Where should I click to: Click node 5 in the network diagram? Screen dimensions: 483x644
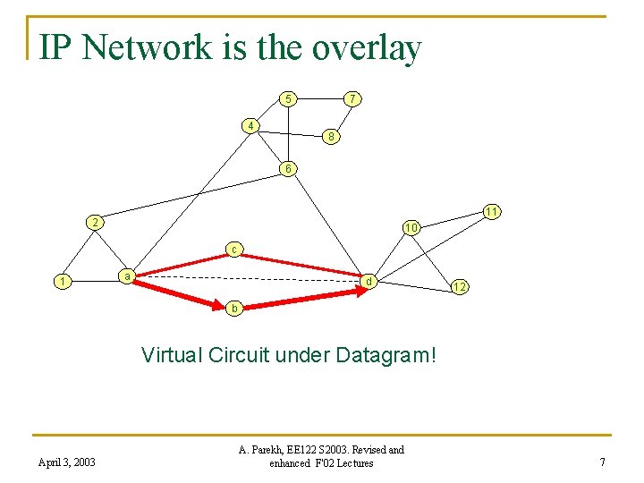point(286,98)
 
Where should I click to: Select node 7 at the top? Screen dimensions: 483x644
point(353,97)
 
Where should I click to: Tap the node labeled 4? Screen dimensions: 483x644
point(252,124)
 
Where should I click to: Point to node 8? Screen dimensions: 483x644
point(331,137)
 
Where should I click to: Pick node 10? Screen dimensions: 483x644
point(411,228)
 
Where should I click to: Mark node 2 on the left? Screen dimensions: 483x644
point(94,221)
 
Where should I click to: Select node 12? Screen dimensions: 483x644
point(458,287)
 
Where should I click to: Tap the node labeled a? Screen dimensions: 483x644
point(128,276)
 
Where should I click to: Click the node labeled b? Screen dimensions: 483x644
point(233,308)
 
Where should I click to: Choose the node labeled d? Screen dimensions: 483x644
point(368,282)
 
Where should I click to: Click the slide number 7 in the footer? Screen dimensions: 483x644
point(603,462)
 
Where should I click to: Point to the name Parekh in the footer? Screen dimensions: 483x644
point(266,450)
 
